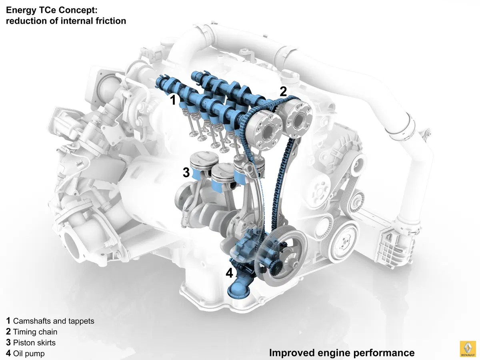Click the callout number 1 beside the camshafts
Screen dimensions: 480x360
[173, 100]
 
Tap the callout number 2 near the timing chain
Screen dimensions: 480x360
[283, 91]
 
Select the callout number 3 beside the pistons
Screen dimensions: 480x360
[186, 172]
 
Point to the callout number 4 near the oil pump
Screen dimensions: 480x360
[229, 273]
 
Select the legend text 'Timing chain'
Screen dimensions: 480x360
[35, 332]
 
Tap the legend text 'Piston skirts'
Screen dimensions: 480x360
[34, 342]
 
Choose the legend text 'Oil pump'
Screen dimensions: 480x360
[29, 354]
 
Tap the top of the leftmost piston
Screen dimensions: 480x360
[204, 158]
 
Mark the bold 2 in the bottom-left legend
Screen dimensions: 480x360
[8, 332]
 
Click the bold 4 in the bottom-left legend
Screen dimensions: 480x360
[8, 353]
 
